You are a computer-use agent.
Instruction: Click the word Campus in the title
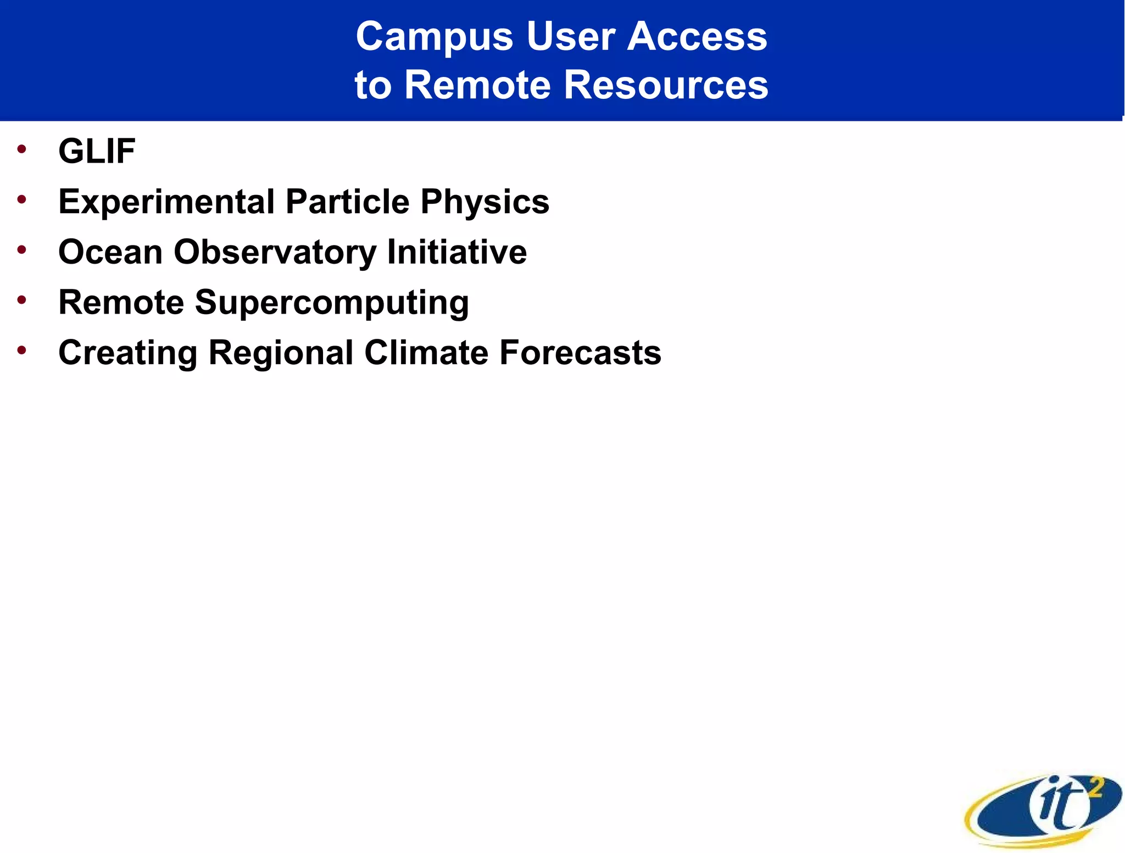(x=434, y=37)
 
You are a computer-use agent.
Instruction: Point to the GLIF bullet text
(x=97, y=151)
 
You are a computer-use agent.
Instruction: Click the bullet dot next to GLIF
(x=21, y=149)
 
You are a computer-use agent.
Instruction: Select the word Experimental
(x=166, y=202)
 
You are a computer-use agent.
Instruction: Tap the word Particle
(x=347, y=202)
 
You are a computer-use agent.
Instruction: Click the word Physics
(x=484, y=202)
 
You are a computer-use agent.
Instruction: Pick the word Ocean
(x=110, y=252)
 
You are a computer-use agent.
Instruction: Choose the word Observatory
(x=275, y=252)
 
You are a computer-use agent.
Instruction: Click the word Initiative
(x=456, y=252)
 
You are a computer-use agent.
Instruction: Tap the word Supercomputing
(x=332, y=303)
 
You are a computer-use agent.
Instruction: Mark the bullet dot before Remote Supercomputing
(x=21, y=300)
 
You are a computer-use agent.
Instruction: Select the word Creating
(x=127, y=353)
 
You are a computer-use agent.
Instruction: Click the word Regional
(x=281, y=353)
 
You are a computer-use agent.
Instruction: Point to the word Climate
(x=426, y=353)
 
